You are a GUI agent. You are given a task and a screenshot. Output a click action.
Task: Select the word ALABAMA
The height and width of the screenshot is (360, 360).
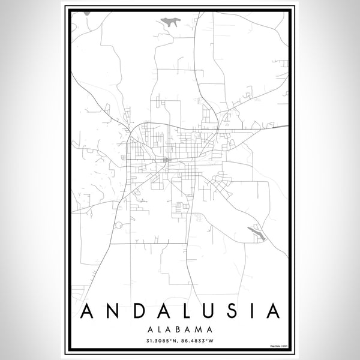tap(180, 328)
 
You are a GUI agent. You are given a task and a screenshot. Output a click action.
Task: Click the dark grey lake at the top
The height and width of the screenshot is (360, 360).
tap(170, 22)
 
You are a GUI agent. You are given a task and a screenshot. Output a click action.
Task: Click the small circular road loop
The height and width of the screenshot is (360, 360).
tap(119, 225)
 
